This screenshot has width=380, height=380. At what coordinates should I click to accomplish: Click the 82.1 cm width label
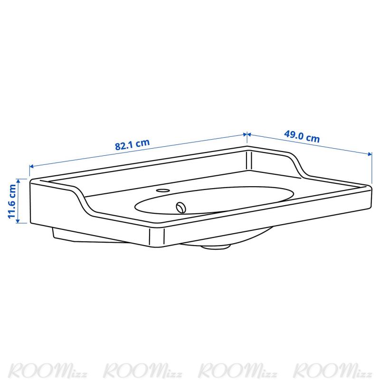pyautogui.click(x=133, y=144)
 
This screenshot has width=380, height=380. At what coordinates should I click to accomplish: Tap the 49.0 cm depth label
pyautogui.click(x=302, y=136)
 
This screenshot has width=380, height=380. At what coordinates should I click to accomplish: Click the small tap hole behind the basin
pyautogui.click(x=162, y=190)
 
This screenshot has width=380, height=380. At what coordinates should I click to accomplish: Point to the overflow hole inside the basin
pyautogui.click(x=181, y=208)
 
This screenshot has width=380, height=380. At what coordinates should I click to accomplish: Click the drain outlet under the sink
pyautogui.click(x=215, y=247)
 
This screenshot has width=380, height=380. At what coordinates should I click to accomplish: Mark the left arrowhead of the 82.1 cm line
pyautogui.click(x=31, y=166)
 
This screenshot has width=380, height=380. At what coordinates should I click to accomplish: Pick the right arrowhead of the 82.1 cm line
pyautogui.click(x=245, y=134)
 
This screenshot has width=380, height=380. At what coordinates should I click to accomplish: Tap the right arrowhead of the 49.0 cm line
pyautogui.click(x=370, y=154)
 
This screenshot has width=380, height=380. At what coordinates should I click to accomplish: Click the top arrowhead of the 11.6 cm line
pyautogui.click(x=18, y=181)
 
